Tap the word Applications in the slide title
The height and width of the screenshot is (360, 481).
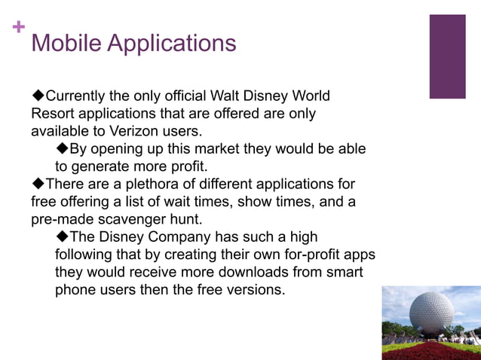point(171,43)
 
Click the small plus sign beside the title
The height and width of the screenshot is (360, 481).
point(19,28)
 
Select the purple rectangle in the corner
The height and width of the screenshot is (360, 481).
point(447,56)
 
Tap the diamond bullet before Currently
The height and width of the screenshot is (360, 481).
point(38,96)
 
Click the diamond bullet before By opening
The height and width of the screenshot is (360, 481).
point(63,148)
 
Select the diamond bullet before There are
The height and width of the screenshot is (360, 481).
point(38,184)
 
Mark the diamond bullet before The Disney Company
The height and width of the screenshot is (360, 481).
point(63,236)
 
